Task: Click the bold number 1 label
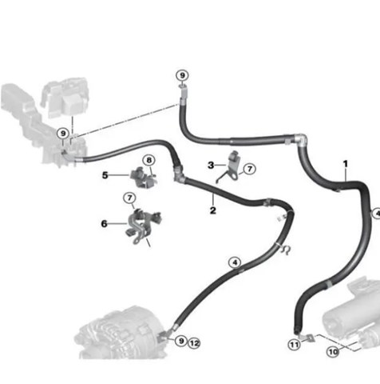coord(346,164)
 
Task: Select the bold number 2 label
coord(213,210)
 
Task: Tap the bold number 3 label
coord(211,166)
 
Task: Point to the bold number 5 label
coord(105,175)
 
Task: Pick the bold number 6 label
coord(104,223)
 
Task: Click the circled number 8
coord(149,160)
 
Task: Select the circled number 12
coord(194,343)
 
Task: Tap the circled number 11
coord(294,345)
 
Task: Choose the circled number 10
coord(333,352)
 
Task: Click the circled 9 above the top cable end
coord(182,75)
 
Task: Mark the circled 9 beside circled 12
coord(181,341)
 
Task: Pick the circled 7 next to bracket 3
coord(250,169)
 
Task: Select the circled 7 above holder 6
coord(129,198)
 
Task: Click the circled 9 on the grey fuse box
coord(63,133)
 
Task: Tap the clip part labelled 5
coord(143,178)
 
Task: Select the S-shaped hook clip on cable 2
coord(286,250)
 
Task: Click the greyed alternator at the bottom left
coord(121,334)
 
